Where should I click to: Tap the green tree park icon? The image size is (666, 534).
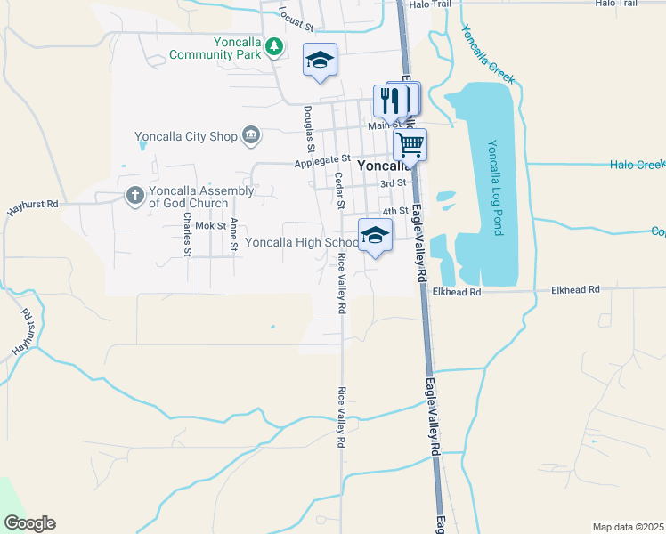point(275,46)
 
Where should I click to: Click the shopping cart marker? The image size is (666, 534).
point(410,143)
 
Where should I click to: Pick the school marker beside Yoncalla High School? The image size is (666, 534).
point(375,236)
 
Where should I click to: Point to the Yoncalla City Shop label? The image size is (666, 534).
point(185,136)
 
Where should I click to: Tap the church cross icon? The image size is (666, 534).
point(134,195)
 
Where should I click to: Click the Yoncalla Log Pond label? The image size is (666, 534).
point(495,188)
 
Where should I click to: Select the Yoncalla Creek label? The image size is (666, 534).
point(487,54)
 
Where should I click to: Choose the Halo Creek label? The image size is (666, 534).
point(638,165)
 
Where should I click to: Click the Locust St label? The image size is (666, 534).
point(296,17)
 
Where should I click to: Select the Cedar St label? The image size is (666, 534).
point(339,190)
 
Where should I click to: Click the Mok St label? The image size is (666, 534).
point(211,226)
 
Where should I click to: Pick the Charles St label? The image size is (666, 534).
point(187,233)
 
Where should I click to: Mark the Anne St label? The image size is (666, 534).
point(233,236)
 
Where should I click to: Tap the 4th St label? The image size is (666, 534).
point(394,212)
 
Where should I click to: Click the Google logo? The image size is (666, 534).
point(29,523)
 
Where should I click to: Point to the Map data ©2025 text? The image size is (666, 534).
point(629,527)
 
